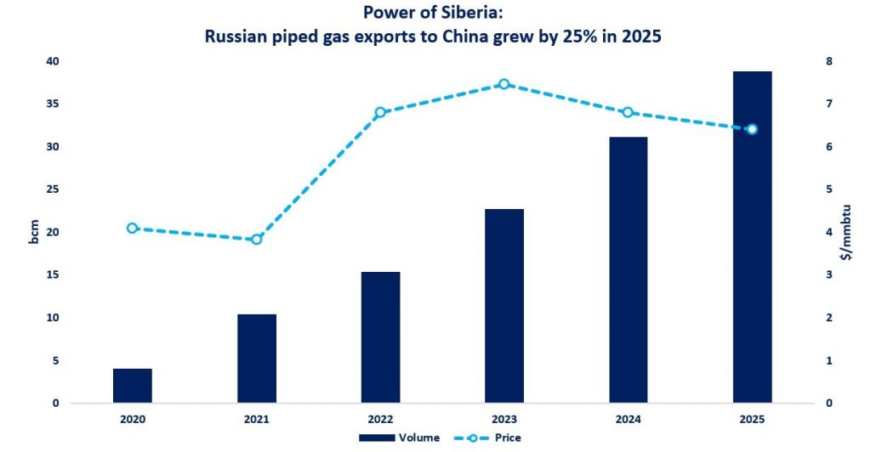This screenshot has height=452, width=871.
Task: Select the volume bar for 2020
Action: tap(133, 386)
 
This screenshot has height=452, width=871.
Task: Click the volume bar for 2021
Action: tap(257, 359)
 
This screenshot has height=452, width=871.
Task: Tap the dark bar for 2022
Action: tap(380, 337)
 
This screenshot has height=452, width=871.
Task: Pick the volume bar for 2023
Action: tap(504, 306)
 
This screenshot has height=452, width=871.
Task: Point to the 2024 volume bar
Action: tap(628, 269)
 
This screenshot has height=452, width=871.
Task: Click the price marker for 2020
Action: tap(133, 228)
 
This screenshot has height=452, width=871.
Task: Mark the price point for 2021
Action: tap(257, 240)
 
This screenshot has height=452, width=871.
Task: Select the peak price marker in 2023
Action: tap(504, 84)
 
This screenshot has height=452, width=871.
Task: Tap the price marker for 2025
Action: tap(752, 129)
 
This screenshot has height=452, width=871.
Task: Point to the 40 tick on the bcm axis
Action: tap(53, 61)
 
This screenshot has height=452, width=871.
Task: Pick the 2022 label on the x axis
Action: tap(380, 419)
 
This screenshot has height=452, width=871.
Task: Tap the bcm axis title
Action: tap(34, 232)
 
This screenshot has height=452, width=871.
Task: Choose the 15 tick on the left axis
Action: tap(53, 275)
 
